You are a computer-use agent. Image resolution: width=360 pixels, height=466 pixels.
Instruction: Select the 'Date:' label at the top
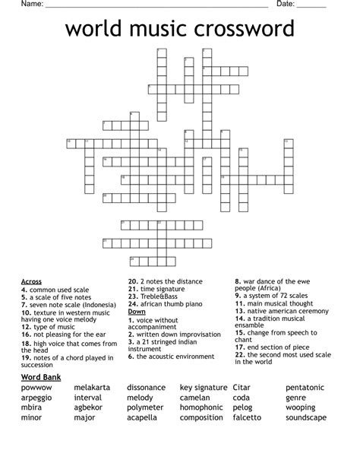click(x=286, y=5)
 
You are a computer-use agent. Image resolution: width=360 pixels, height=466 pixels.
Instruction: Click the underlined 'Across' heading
click(x=31, y=281)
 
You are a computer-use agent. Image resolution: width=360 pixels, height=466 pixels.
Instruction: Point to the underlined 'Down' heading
click(x=137, y=312)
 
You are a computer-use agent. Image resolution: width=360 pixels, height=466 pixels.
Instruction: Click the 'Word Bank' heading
click(x=41, y=377)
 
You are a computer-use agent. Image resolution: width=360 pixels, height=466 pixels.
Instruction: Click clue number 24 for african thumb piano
click(x=132, y=304)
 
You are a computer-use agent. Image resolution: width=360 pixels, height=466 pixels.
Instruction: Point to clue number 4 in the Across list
click(x=24, y=290)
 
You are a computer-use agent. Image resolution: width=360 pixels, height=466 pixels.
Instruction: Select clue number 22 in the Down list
click(x=239, y=355)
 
